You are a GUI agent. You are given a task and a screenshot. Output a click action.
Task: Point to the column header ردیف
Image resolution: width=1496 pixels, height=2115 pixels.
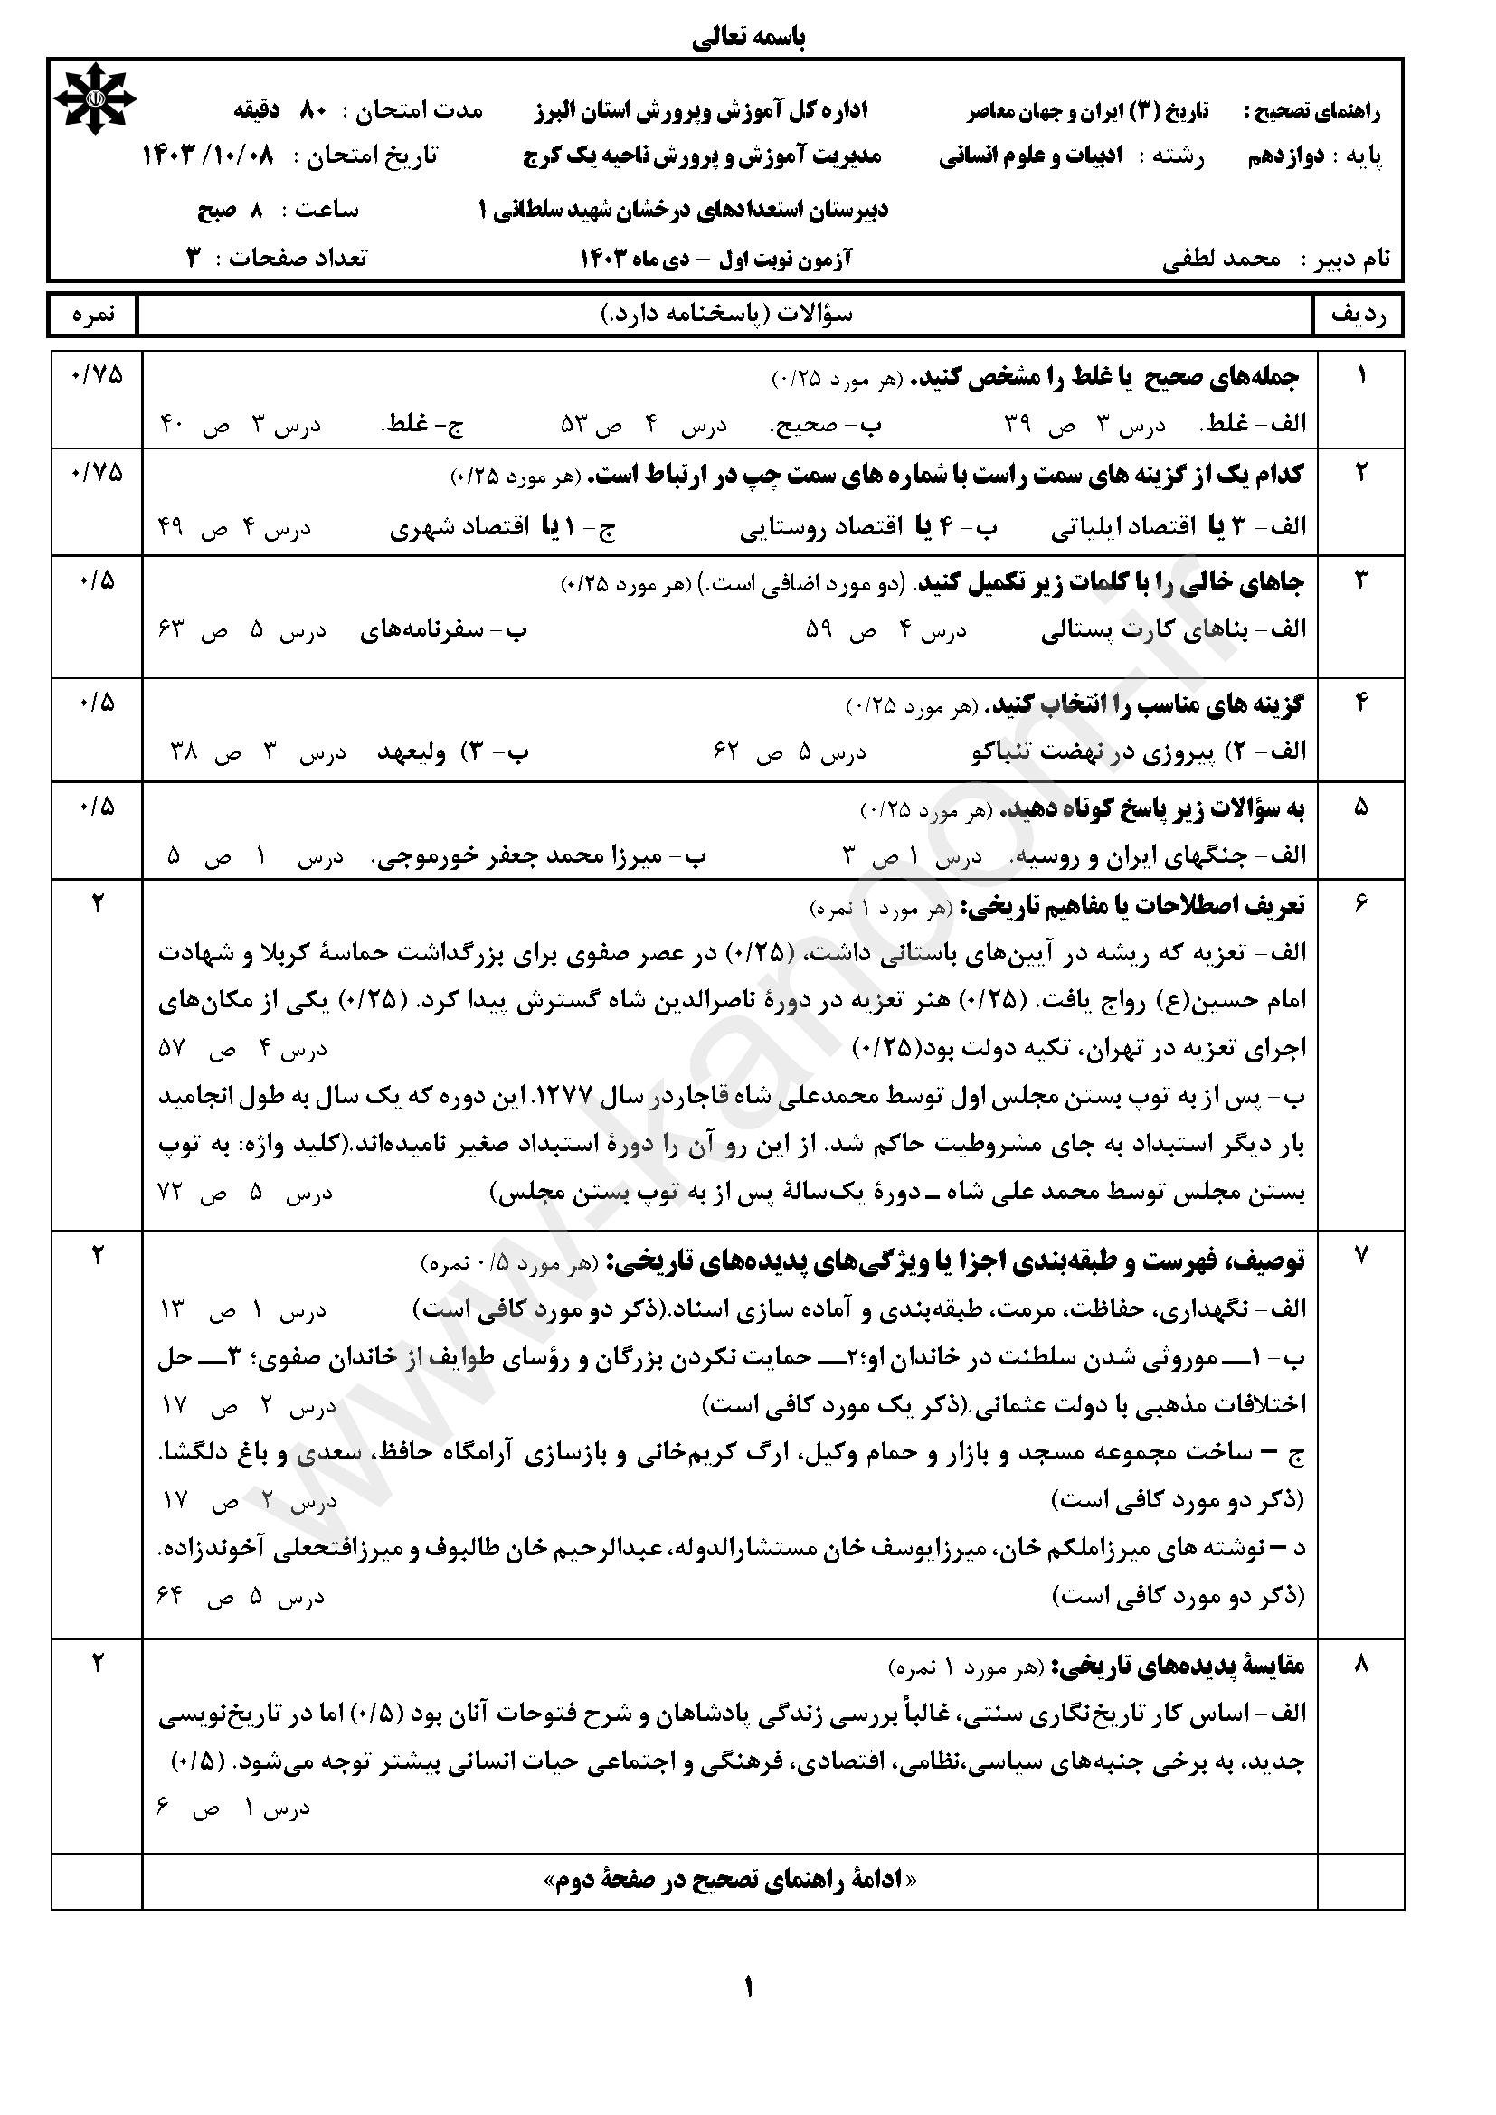(x=1359, y=315)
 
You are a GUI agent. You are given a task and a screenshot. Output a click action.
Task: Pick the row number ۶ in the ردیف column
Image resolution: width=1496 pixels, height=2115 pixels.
(x=1360, y=905)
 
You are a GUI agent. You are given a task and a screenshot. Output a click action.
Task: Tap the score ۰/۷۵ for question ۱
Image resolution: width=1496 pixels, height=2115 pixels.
(x=96, y=377)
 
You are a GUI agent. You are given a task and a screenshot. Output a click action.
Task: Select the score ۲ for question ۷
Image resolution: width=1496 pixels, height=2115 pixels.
(x=96, y=1256)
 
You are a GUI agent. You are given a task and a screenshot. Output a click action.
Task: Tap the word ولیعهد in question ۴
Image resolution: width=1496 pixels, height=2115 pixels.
(x=411, y=752)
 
